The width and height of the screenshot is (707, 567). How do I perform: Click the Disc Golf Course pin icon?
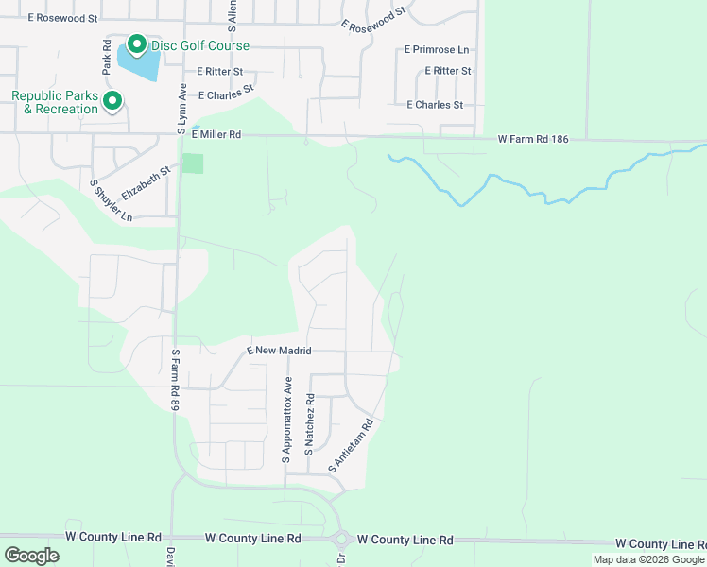pyautogui.click(x=136, y=44)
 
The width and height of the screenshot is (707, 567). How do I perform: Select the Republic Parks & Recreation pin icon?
pyautogui.click(x=112, y=100)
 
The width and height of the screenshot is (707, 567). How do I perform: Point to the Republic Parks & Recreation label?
pyautogui.click(x=55, y=102)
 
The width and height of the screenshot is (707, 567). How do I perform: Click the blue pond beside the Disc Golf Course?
pyautogui.click(x=139, y=65)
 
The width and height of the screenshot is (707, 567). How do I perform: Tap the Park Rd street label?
pyautogui.click(x=107, y=59)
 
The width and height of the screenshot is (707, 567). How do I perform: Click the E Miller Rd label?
pyautogui.click(x=216, y=135)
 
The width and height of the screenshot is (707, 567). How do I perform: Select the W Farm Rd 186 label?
pyautogui.click(x=534, y=140)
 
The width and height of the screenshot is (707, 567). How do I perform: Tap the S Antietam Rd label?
pyautogui.click(x=352, y=446)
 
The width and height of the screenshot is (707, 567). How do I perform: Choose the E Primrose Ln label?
pyautogui.click(x=436, y=49)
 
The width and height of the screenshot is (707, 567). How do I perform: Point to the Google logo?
pyautogui.click(x=31, y=556)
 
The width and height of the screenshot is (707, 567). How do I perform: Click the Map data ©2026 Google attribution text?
pyautogui.click(x=648, y=559)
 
